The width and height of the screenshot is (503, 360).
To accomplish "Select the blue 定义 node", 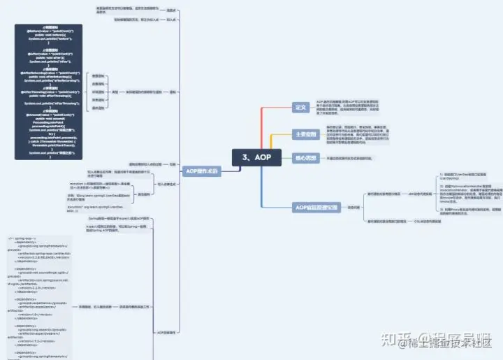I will pyautogui.click(x=300, y=107).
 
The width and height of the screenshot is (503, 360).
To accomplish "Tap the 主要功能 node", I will pyautogui.click(x=306, y=134).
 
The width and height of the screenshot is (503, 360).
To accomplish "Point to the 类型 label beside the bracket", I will pyautogui.click(x=115, y=92).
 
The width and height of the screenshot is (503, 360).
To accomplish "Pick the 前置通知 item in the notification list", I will pyautogui.click(x=98, y=75).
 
